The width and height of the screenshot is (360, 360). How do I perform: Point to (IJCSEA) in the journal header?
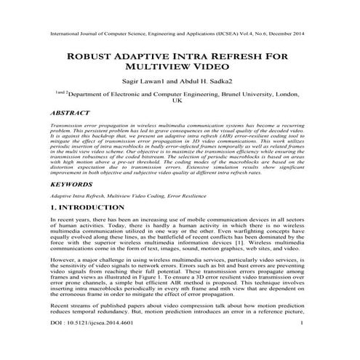coord(223,33)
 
